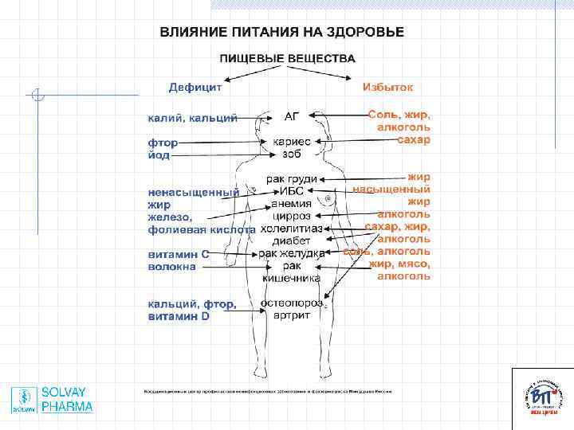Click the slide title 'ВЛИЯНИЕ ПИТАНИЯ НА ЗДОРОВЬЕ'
(282, 33)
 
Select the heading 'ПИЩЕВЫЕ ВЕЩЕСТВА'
(287, 59)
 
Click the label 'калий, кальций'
(192, 118)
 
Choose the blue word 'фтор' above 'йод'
(163, 143)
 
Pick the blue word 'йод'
(159, 155)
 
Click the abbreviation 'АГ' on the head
(292, 115)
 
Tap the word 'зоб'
(292, 154)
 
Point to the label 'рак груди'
(292, 179)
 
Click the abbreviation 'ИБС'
(291, 191)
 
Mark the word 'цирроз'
(292, 216)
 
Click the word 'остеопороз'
(296, 303)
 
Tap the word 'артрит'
(292, 315)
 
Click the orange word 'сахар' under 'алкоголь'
(414, 140)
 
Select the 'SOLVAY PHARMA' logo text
(67, 400)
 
